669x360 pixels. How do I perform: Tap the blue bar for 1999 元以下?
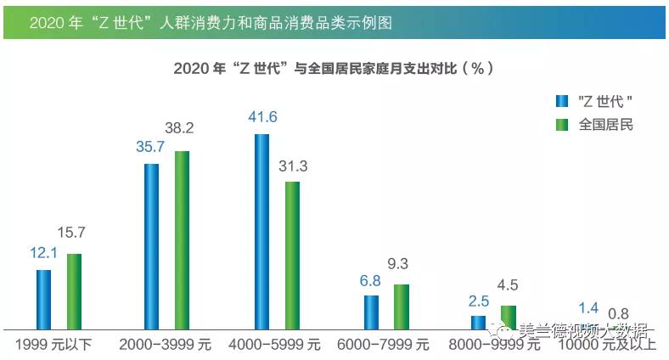click(43, 299)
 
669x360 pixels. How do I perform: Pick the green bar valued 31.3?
click(292, 255)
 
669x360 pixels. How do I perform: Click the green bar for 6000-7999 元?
click(402, 307)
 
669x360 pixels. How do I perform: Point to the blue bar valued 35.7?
click(151, 245)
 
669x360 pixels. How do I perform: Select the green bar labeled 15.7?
click(74, 291)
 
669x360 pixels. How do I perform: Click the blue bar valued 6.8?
click(371, 312)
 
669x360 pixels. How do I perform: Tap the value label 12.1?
click(43, 253)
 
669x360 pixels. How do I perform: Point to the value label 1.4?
click(587, 308)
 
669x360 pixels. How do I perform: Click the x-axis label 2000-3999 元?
click(165, 345)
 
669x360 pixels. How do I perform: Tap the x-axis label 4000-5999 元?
click(275, 345)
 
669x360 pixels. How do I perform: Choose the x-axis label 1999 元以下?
click(54, 345)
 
